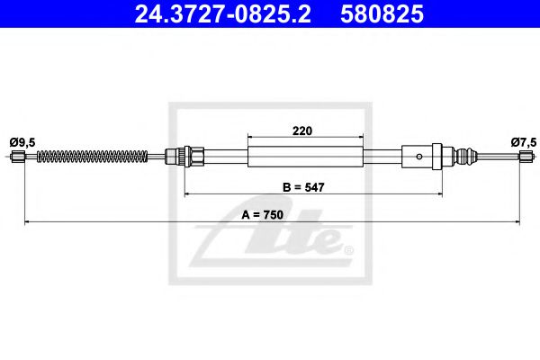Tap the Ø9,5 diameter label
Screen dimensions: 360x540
(22, 140)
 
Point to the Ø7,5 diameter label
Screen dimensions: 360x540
(522, 140)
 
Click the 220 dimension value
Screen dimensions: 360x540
(302, 130)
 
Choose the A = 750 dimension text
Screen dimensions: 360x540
(270, 215)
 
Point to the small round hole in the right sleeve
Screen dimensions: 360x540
(418, 157)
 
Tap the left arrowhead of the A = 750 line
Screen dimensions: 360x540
(27, 221)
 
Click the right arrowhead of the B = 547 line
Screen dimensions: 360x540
(438, 193)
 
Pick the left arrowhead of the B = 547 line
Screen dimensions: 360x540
(187, 193)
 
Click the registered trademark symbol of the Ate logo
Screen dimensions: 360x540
(348, 249)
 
